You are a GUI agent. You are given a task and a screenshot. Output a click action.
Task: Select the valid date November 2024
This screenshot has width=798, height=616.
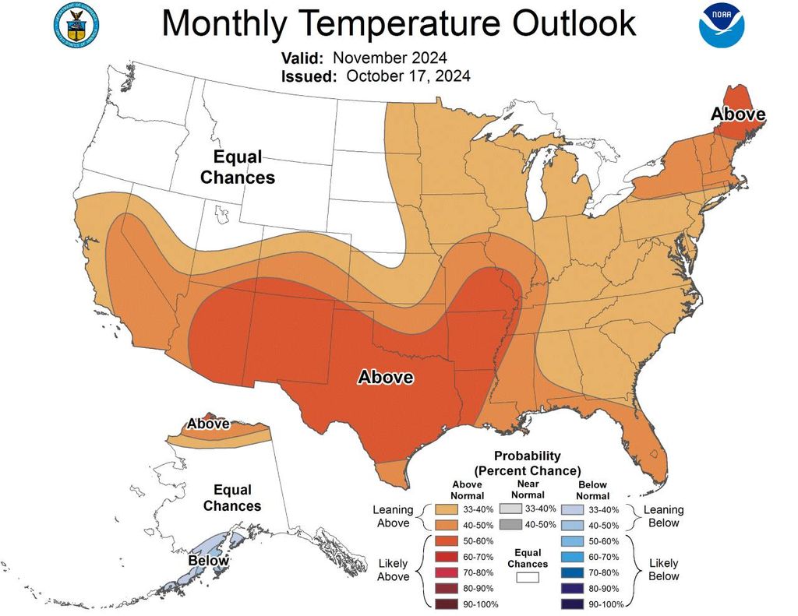pos(390,58)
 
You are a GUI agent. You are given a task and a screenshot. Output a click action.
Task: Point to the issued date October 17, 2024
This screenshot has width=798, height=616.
pos(408,76)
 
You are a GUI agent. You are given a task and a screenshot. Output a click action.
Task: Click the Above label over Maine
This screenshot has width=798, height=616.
pos(737,114)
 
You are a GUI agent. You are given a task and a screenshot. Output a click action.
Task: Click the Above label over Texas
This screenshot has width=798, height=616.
pos(385,378)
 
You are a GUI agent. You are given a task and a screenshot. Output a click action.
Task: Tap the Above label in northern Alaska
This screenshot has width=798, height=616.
pos(208,424)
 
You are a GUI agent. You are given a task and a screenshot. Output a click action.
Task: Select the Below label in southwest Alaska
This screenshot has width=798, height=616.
pos(208,561)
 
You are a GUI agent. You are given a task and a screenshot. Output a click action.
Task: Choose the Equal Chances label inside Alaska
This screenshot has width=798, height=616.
pos(232,498)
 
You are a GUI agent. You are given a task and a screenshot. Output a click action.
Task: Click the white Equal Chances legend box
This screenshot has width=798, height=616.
pos(528,578)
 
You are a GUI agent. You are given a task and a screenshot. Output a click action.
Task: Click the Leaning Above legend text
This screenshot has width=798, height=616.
pos(394,516)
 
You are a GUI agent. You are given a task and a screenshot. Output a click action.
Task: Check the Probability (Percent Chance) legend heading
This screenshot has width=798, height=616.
pos(528,463)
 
